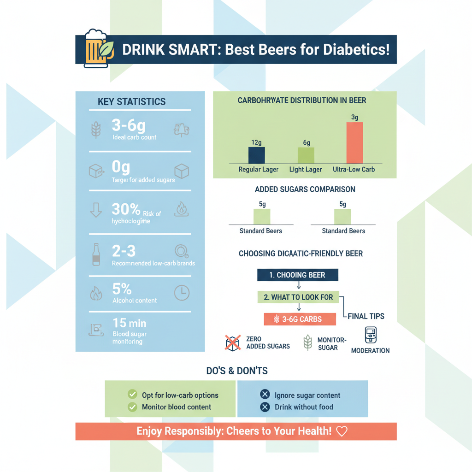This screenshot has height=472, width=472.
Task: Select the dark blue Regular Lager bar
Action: [257, 155]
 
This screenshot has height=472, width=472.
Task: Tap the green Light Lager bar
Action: [306, 155]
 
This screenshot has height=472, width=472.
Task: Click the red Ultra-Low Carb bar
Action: [354, 143]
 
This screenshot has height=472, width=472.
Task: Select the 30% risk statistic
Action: [126, 210]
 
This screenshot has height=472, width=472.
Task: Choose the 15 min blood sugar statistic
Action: [130, 323]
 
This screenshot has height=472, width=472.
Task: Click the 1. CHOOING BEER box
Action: [297, 275]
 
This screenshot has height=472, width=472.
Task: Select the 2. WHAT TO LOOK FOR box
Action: [298, 297]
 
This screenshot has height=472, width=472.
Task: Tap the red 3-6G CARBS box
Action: [298, 319]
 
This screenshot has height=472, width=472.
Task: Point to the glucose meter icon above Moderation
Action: [371, 336]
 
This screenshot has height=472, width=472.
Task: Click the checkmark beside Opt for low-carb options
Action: [132, 395]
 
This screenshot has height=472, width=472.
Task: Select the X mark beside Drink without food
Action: [265, 407]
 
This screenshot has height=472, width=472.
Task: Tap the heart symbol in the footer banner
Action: [342, 431]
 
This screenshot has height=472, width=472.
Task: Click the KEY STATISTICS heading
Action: [132, 102]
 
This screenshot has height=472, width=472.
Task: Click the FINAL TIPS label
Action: [366, 316]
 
